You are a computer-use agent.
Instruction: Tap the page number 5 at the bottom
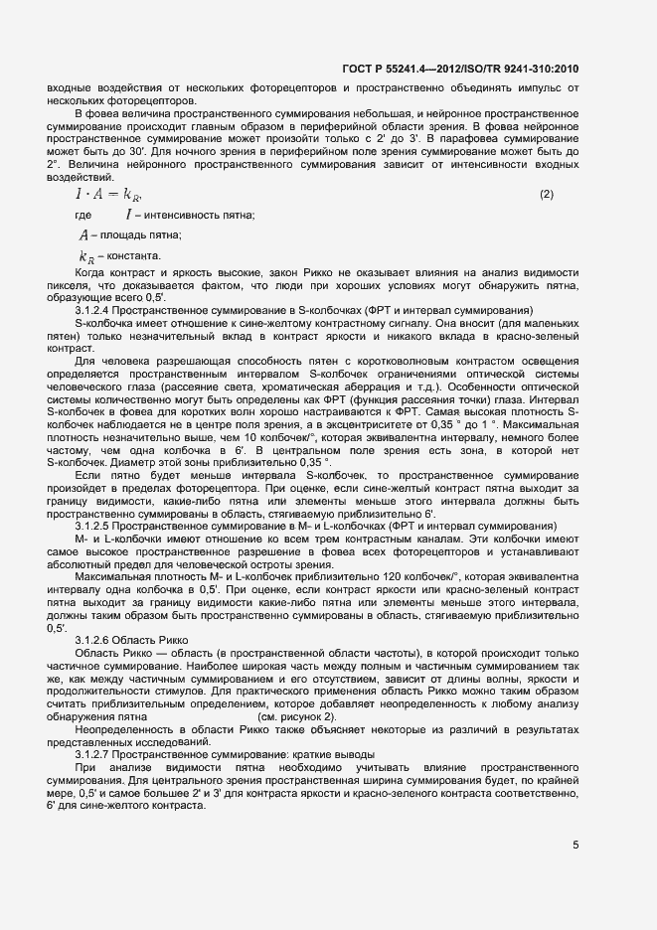(576, 846)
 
